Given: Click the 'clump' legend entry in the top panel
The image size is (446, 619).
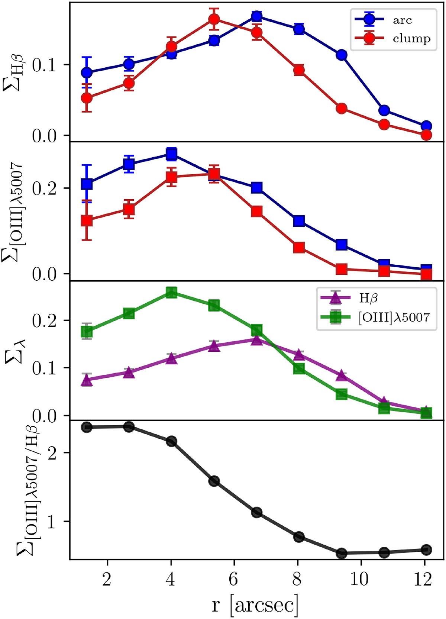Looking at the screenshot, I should pos(411,38).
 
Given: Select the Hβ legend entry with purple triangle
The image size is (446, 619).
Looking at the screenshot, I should pos(368,297).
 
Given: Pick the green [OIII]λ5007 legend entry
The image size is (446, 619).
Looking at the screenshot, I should pos(393,317).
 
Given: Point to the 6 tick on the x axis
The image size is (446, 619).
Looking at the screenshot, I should pos(233,579).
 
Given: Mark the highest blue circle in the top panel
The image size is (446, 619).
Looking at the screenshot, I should pos(256,16).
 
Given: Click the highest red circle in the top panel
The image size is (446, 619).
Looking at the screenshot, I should pos(214,19).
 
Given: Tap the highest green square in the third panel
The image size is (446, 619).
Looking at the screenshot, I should pos(171,292).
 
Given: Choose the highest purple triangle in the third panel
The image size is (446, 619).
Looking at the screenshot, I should pos(256,339).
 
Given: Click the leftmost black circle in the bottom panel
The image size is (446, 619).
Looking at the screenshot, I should pos(87,427).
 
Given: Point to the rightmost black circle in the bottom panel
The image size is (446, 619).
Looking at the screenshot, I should pos(426,549).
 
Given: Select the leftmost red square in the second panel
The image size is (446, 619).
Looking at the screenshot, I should pos(87,220).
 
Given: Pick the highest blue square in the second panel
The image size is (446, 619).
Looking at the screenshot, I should pos(171,154).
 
